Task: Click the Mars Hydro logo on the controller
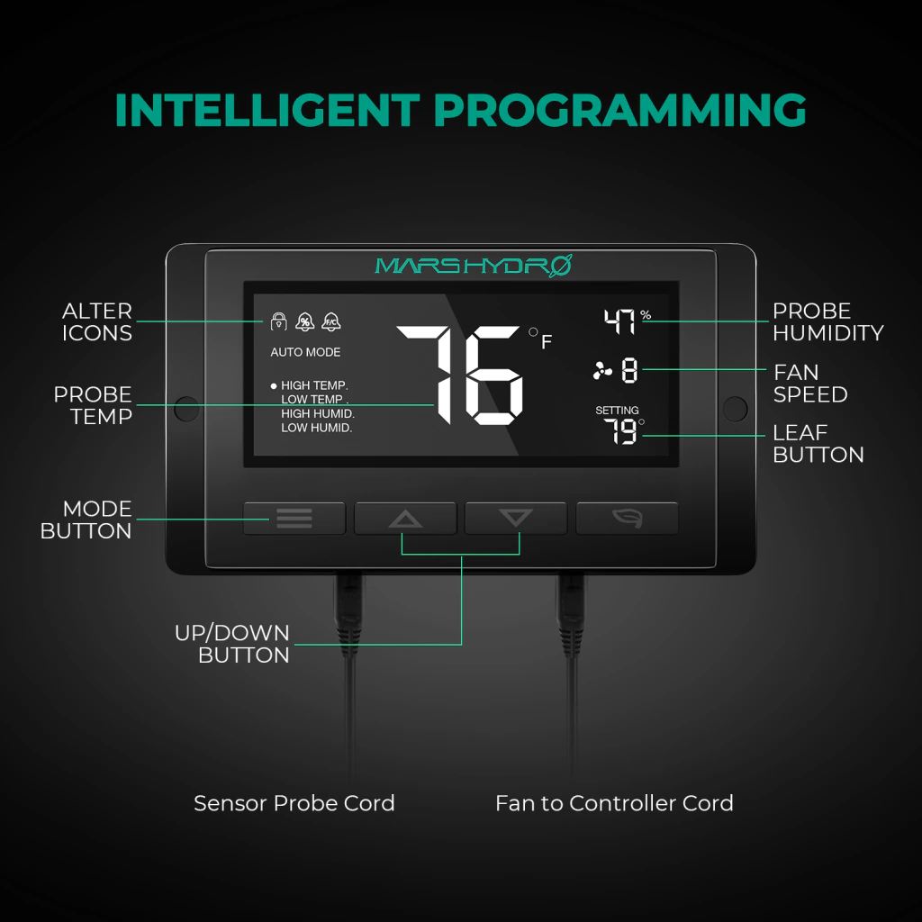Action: coord(474,266)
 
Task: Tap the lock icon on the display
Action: coord(279,321)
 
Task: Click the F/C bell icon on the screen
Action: coord(331,321)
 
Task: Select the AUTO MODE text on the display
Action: coord(305,352)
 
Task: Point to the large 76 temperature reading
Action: coord(460,375)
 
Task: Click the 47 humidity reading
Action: coord(619,321)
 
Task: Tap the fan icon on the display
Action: coord(602,371)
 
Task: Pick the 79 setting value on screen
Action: coord(620,431)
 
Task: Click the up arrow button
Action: coord(405,518)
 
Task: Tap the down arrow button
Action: coord(516,518)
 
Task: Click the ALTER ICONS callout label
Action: coord(97,321)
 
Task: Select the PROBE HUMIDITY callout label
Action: coord(828,321)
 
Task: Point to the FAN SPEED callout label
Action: coord(810,384)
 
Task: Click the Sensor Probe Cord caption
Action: coord(294,803)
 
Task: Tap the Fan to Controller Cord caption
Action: coord(614,803)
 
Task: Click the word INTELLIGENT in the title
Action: coord(267,110)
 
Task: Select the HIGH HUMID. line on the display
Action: coord(318,413)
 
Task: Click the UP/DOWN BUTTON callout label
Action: coord(232,644)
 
